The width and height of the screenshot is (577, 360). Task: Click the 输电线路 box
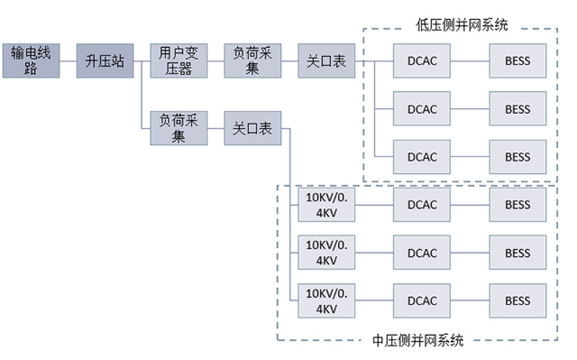[x=30, y=61]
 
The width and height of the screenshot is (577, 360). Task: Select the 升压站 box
[x=105, y=61]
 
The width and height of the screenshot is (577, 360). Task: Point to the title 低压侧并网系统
[x=461, y=25]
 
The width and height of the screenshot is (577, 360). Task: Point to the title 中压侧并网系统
[x=419, y=339]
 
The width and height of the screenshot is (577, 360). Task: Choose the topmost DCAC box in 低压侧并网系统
[x=422, y=61]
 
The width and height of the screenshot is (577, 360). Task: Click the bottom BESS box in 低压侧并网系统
[x=518, y=157]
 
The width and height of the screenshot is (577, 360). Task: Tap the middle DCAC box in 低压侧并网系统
[x=422, y=109]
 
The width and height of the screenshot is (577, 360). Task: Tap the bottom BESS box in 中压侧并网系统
[x=518, y=301]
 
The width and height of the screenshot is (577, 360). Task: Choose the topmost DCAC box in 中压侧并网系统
[x=422, y=205]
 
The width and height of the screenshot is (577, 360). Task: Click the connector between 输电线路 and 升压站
[x=68, y=61]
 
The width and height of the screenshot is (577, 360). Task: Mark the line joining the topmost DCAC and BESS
[x=470, y=61]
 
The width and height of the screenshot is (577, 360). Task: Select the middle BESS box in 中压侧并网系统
[x=518, y=253]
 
